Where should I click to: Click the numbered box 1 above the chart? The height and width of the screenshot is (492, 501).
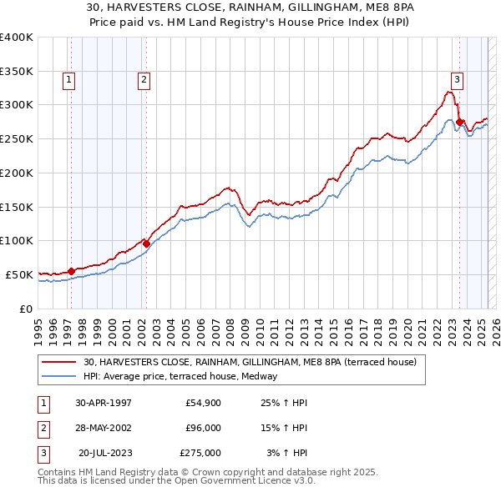point(68,80)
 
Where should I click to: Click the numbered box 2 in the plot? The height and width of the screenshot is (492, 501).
point(144,80)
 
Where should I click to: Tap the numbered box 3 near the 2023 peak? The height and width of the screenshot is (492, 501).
point(457,80)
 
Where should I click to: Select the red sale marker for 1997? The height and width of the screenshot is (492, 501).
point(72,270)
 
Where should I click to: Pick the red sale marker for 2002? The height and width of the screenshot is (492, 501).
point(146,243)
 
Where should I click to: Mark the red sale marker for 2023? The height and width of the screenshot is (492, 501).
point(460,122)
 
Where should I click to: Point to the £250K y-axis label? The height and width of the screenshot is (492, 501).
point(16,139)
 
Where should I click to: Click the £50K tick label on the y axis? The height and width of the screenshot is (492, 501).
point(19,274)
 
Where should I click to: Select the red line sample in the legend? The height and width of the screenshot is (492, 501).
point(60,362)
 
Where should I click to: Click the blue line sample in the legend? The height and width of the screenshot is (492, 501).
point(60,376)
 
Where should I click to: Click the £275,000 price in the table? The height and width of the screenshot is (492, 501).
point(200,453)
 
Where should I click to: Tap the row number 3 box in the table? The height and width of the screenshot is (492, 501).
point(42,453)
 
